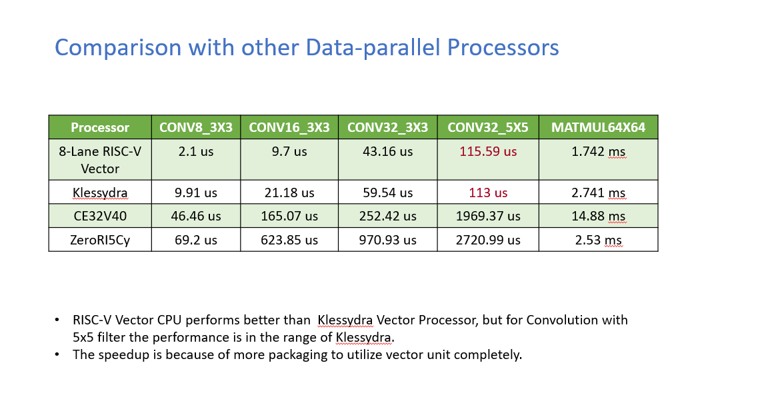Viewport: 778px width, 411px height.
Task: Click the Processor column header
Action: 100,127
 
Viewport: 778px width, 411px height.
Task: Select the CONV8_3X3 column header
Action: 195,127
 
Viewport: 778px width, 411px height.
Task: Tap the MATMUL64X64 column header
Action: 598,127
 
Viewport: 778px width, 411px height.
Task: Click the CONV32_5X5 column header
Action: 488,127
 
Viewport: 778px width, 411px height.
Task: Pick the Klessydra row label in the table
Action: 100,193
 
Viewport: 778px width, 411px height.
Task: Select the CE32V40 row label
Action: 100,216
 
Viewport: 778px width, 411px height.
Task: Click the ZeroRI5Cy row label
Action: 100,240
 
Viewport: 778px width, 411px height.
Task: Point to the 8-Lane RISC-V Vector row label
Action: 100,160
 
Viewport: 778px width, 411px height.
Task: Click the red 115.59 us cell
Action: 488,151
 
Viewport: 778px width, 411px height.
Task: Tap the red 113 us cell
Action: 488,193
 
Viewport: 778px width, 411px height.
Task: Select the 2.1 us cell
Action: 195,151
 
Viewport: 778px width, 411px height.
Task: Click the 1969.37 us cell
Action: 488,216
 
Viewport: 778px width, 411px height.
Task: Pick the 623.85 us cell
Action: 289,240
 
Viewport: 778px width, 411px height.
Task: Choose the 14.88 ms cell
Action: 598,216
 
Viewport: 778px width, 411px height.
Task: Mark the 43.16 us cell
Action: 387,151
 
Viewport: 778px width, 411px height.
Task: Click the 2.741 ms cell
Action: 598,193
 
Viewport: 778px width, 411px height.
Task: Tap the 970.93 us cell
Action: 387,240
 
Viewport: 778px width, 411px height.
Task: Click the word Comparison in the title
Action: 118,47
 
